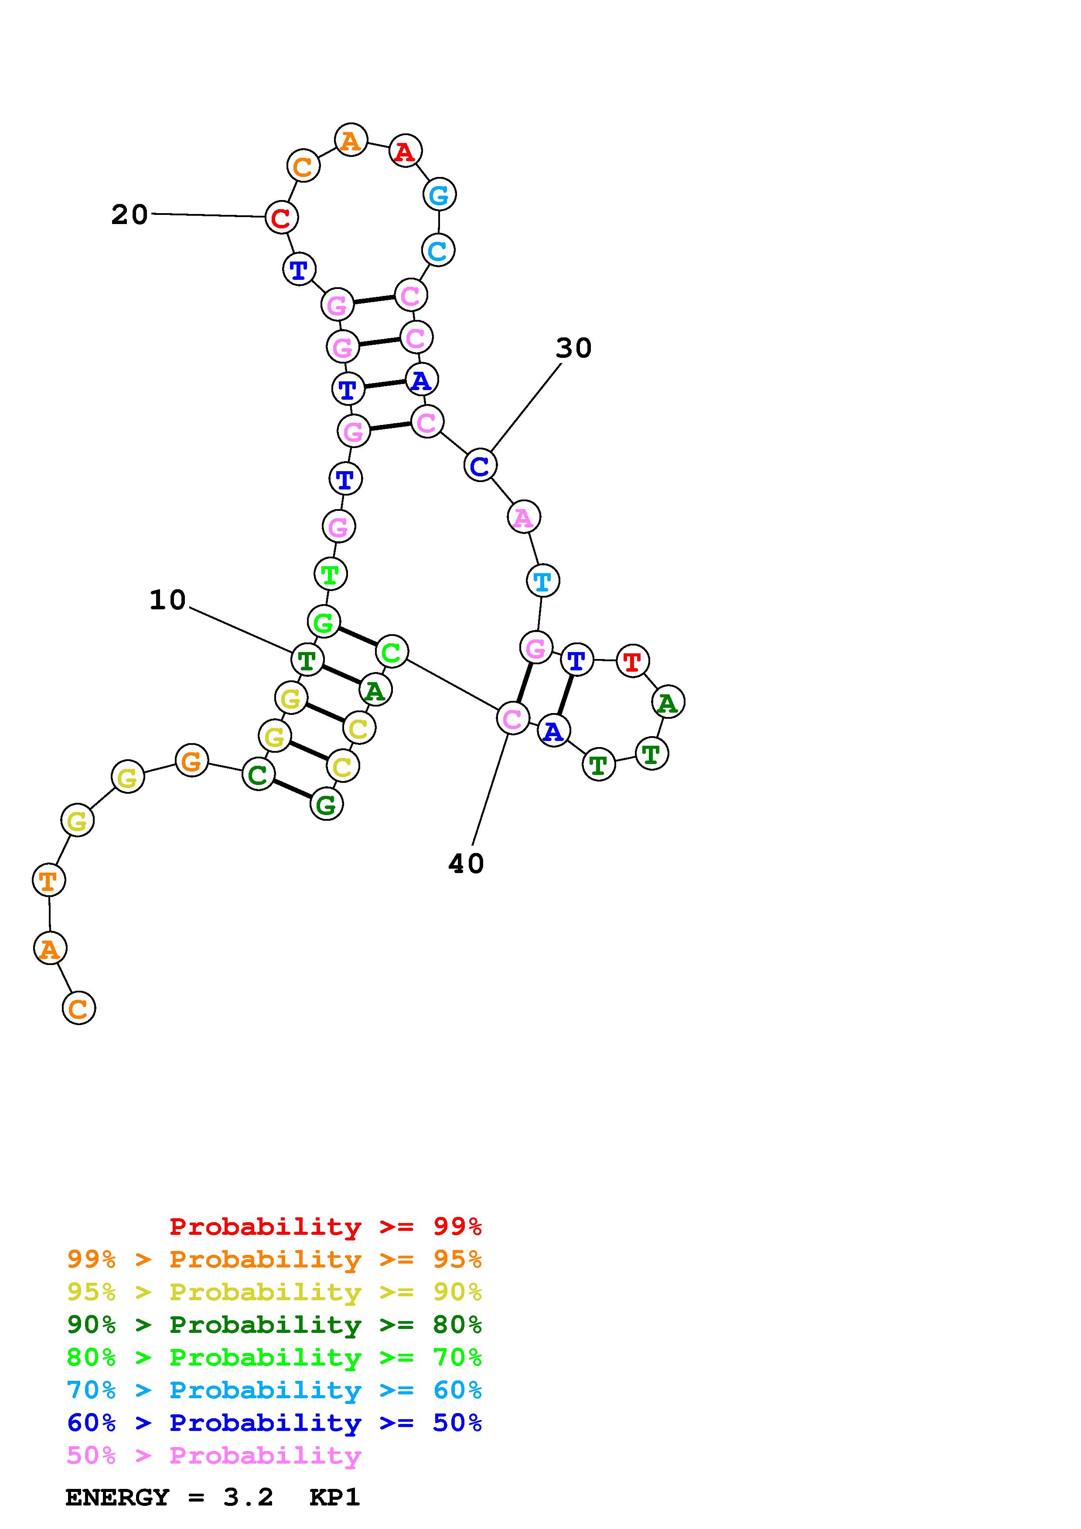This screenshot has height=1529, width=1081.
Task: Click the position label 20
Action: pyautogui.click(x=129, y=215)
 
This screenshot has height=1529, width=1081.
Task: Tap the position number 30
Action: pyautogui.click(x=573, y=348)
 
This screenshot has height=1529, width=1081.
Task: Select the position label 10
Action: pyautogui.click(x=167, y=600)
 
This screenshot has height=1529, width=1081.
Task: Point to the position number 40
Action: pyautogui.click(x=466, y=864)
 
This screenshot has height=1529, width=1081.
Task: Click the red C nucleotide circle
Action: pyautogui.click(x=281, y=217)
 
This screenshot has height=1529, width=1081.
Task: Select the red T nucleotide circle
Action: pyautogui.click(x=632, y=661)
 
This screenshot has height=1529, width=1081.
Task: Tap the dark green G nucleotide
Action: pyautogui.click(x=326, y=805)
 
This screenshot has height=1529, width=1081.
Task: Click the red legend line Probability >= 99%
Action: pyautogui.click(x=325, y=1227)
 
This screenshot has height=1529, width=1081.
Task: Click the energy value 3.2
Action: pyautogui.click(x=248, y=1497)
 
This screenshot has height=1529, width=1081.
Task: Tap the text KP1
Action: pyautogui.click(x=334, y=1497)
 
